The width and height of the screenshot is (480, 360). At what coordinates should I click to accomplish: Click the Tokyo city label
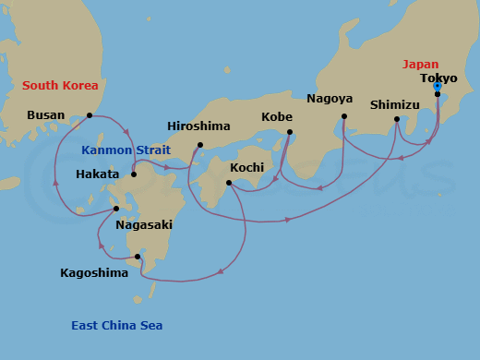(x=438, y=78)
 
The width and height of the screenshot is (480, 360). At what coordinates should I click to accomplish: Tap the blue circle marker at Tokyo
(x=438, y=86)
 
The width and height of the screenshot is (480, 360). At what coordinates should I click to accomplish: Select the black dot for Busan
(x=90, y=115)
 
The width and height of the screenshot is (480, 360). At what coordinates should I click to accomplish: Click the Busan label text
(x=47, y=115)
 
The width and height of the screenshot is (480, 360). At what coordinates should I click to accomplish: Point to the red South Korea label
(x=60, y=86)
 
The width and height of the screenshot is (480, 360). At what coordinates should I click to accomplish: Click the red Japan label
(x=420, y=65)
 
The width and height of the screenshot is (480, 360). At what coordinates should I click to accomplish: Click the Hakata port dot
(x=134, y=174)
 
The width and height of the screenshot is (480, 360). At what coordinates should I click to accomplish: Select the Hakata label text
(x=98, y=174)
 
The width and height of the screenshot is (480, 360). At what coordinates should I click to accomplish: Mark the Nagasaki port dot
(x=116, y=209)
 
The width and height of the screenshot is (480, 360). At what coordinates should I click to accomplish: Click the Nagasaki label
(x=143, y=224)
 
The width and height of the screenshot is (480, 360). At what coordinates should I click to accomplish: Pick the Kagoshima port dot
(x=138, y=257)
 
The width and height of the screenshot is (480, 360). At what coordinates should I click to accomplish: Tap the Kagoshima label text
(x=94, y=272)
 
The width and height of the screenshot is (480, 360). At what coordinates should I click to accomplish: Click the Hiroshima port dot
(x=200, y=145)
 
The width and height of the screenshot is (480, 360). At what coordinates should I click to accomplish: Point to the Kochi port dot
(x=229, y=183)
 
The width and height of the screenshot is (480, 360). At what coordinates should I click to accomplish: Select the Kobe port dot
(x=289, y=132)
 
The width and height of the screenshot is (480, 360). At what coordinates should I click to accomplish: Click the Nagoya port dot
(x=344, y=116)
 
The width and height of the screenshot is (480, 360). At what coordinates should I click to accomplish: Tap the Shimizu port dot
(x=397, y=119)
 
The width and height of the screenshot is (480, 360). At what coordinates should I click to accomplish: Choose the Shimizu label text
(x=395, y=104)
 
